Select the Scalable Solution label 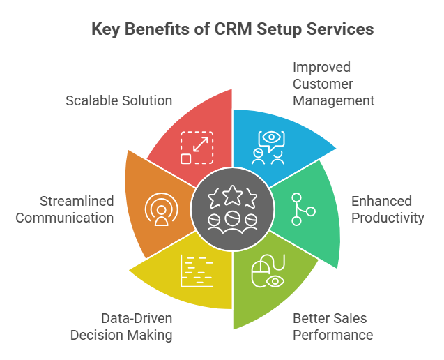[118, 100]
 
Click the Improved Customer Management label [333, 84]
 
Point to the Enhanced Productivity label [388, 209]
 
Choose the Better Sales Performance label [332, 327]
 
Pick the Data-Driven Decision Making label [121, 327]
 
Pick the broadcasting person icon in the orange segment [161, 209]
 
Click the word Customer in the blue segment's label [323, 84]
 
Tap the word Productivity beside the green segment [388, 218]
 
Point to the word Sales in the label [354, 319]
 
